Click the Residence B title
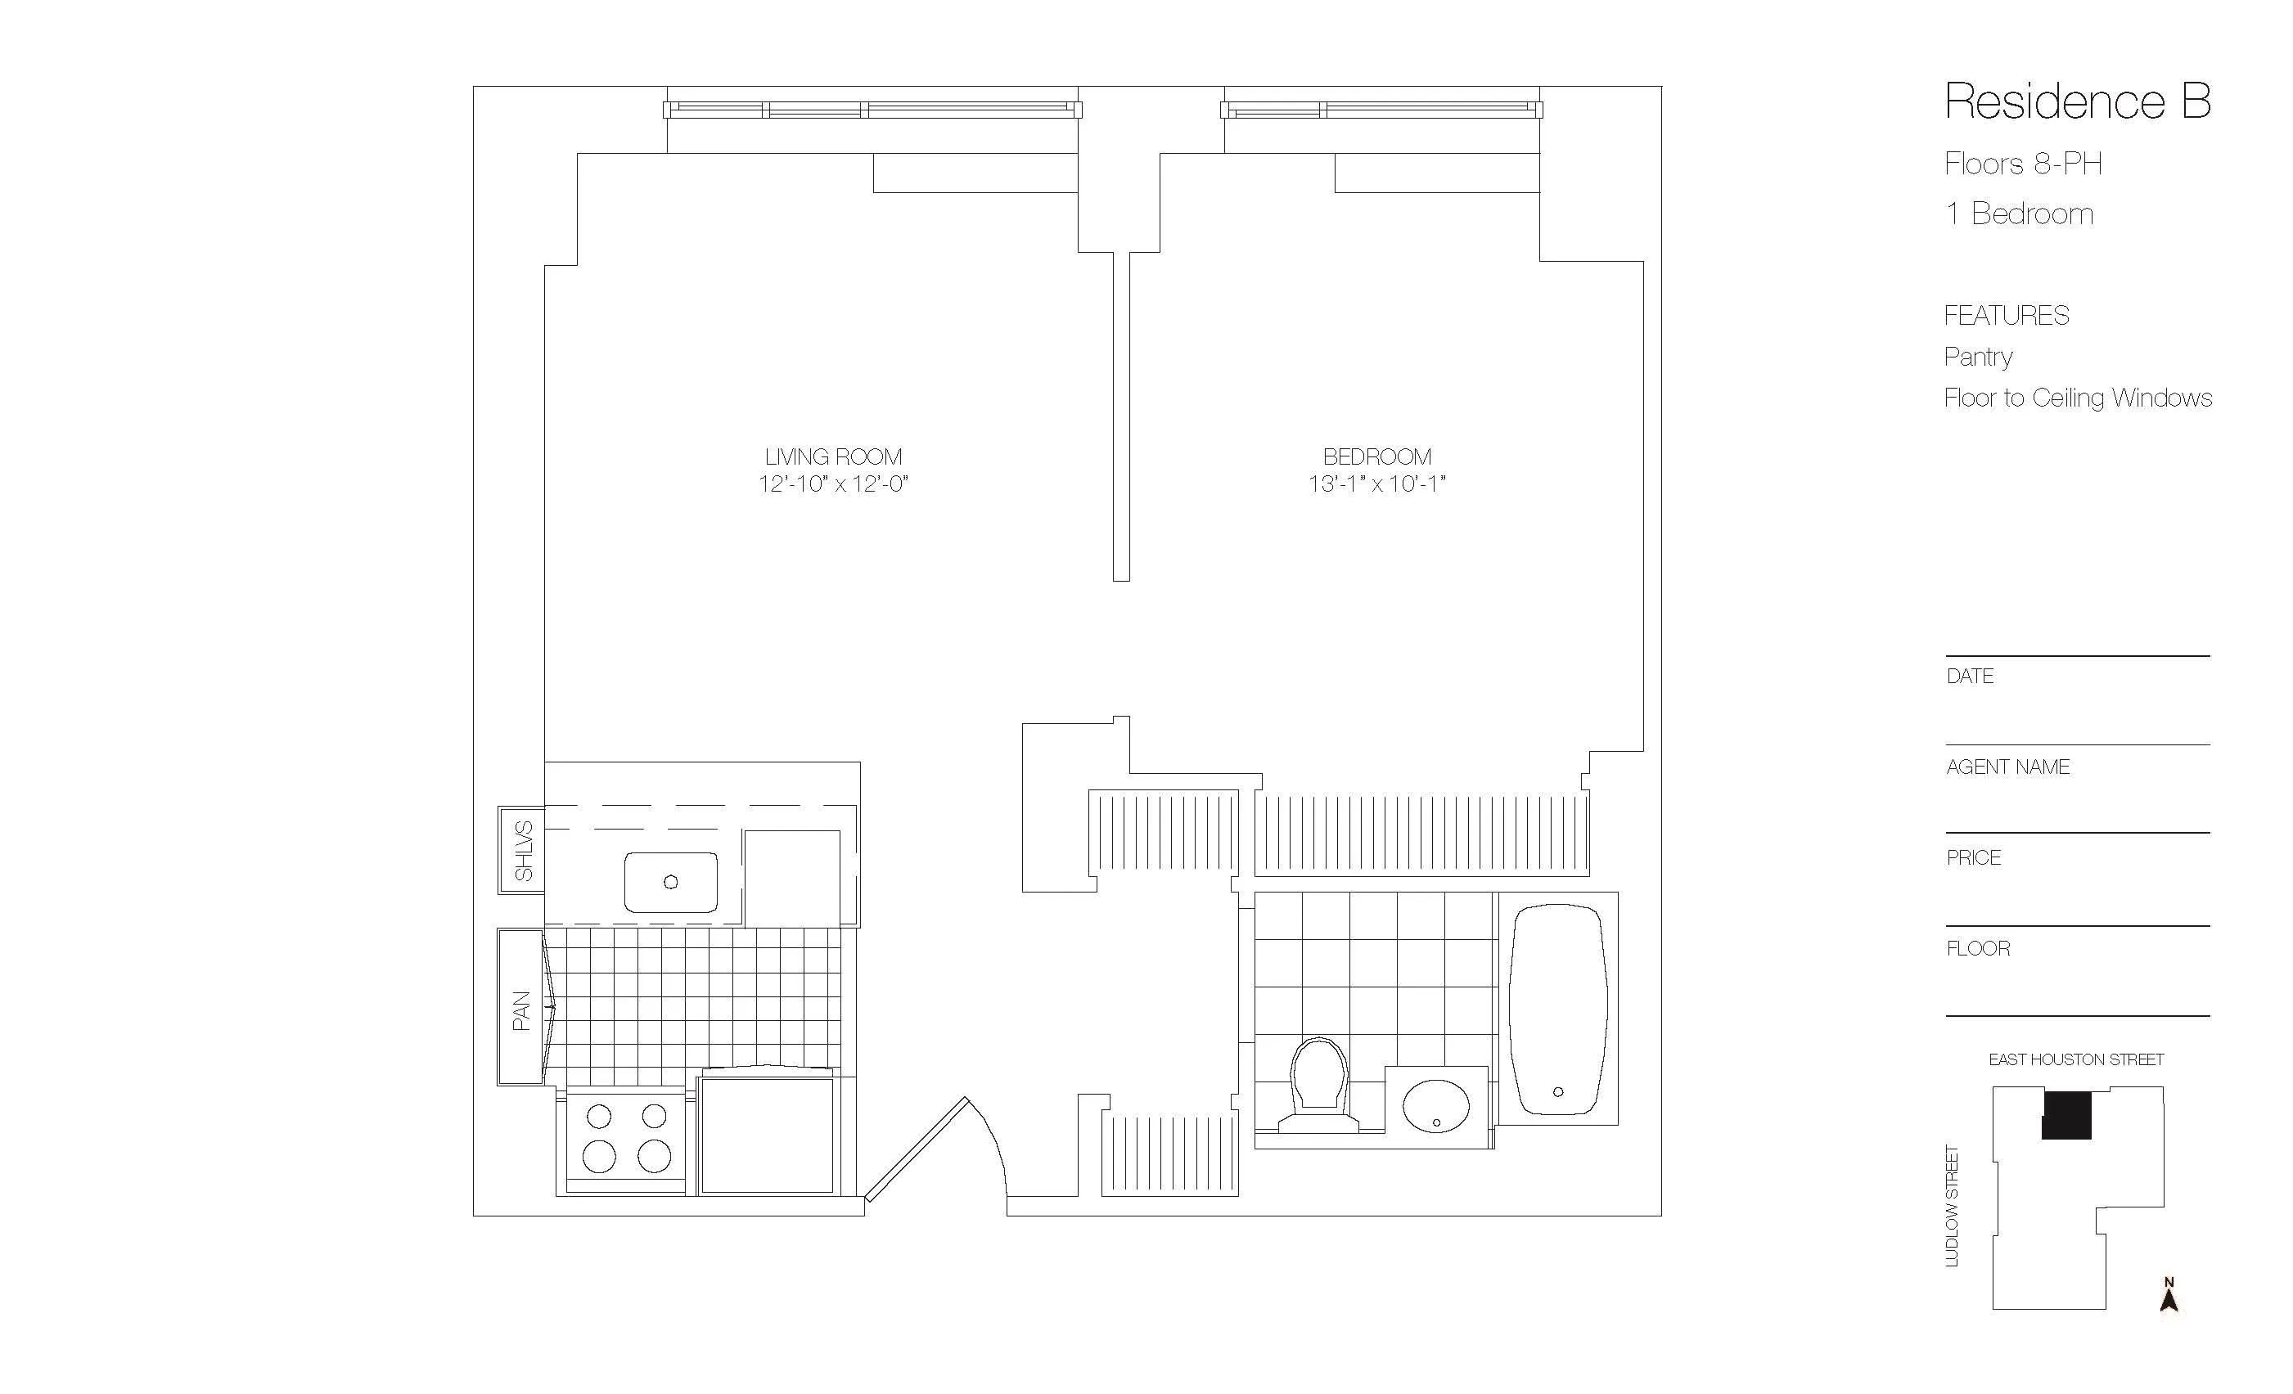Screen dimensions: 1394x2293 point(2077,101)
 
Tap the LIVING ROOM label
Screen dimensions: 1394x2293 point(833,457)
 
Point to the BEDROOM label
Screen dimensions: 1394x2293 point(1376,457)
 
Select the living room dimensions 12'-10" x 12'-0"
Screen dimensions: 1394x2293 point(833,484)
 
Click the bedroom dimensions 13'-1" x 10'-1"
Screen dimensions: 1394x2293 point(1376,484)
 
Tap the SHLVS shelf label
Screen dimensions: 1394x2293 point(523,851)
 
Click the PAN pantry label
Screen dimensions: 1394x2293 point(521,1010)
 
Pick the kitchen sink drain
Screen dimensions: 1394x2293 point(670,881)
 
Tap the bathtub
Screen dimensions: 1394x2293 point(1558,1010)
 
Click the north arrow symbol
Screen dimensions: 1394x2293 point(2169,1295)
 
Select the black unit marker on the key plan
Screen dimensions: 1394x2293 point(2066,1115)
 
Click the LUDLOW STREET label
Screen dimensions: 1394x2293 point(1953,1205)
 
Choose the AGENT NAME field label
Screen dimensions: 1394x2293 point(2008,767)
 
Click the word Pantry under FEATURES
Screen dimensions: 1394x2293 point(1979,357)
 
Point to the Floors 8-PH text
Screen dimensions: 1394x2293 point(2023,164)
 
